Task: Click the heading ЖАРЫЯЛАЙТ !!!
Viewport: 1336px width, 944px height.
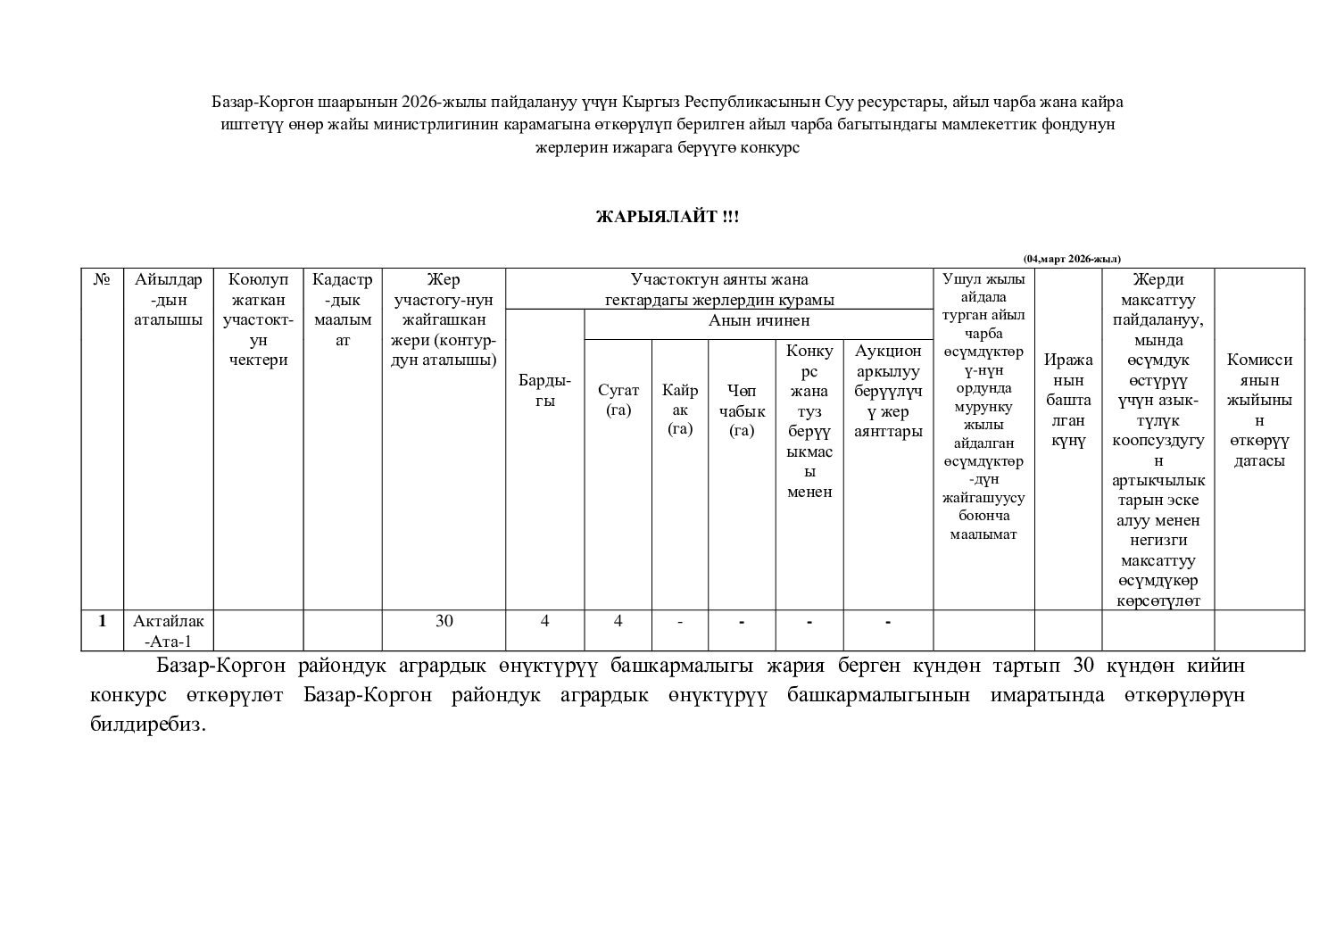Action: coord(668,218)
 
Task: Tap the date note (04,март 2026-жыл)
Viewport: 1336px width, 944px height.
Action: coord(1071,259)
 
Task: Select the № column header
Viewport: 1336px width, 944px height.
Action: coord(102,280)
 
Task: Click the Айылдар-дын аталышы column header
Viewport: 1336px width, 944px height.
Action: coord(168,300)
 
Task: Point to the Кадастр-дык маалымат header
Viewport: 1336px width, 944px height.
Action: coord(343,310)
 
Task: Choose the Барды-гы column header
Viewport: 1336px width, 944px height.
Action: coord(544,391)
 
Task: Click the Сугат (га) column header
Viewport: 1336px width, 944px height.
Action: coord(618,400)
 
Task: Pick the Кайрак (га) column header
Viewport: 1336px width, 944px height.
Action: coord(679,410)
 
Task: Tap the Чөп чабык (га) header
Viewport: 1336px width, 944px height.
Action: coord(741,410)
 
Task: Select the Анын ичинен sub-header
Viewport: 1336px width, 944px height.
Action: coord(759,321)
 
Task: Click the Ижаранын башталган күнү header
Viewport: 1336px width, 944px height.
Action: coord(1068,400)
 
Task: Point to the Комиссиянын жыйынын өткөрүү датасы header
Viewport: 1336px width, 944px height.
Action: coord(1259,410)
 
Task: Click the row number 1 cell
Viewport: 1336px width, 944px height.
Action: coord(103,621)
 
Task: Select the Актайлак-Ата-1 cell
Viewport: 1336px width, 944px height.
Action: coord(168,631)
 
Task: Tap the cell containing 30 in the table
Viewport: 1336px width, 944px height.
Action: coord(444,621)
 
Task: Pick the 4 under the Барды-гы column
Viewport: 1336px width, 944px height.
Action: coord(544,621)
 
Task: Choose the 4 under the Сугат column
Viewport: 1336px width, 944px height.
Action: coord(618,621)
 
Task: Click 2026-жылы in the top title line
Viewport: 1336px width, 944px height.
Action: coord(436,102)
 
